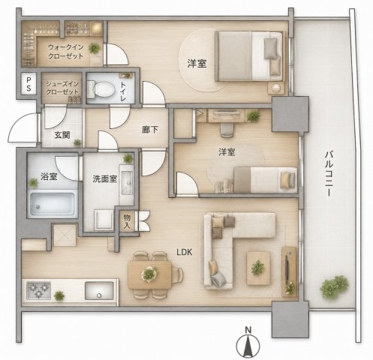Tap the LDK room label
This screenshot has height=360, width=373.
point(185,252)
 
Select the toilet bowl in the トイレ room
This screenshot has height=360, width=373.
point(103,88)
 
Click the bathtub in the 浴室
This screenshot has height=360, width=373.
point(53,203)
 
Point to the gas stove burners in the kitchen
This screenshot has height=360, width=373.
point(38,290)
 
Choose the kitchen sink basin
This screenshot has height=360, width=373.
point(99,290)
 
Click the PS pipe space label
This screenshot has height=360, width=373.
point(29,84)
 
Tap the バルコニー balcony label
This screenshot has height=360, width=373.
point(329,173)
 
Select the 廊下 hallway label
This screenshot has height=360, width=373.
point(150,130)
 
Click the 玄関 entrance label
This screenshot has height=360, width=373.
point(62,135)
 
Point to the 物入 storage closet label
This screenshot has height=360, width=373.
point(127,221)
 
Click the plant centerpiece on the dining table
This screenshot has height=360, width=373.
point(149,274)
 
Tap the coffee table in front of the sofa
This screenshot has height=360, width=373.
point(258,268)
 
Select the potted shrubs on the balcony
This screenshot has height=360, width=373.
point(334,286)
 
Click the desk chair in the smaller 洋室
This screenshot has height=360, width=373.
point(227,130)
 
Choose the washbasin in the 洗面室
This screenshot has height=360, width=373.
point(127,183)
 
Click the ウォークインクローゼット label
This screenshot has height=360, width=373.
point(65,52)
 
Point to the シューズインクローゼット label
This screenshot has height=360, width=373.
point(62,88)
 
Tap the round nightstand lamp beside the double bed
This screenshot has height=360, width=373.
point(276,88)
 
